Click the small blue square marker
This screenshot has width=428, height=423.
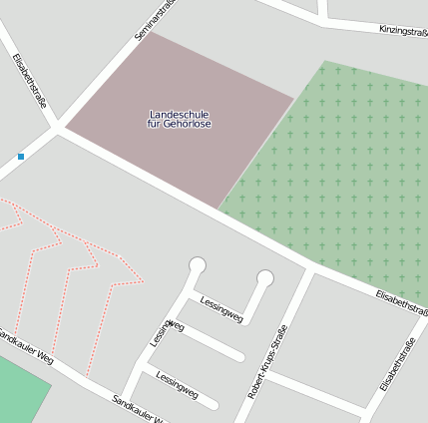tap(21, 157)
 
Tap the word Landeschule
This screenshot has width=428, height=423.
tap(180, 114)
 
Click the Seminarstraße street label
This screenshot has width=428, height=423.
tap(156, 20)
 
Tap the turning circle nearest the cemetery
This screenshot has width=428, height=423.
tap(264, 277)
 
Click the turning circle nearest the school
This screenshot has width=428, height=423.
tap(198, 265)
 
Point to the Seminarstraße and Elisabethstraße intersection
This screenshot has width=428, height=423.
tap(60, 128)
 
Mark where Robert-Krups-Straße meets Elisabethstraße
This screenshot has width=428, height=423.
tap(311, 270)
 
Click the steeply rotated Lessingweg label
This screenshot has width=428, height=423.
tap(167, 332)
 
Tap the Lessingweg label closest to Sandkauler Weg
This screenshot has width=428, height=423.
tap(177, 386)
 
